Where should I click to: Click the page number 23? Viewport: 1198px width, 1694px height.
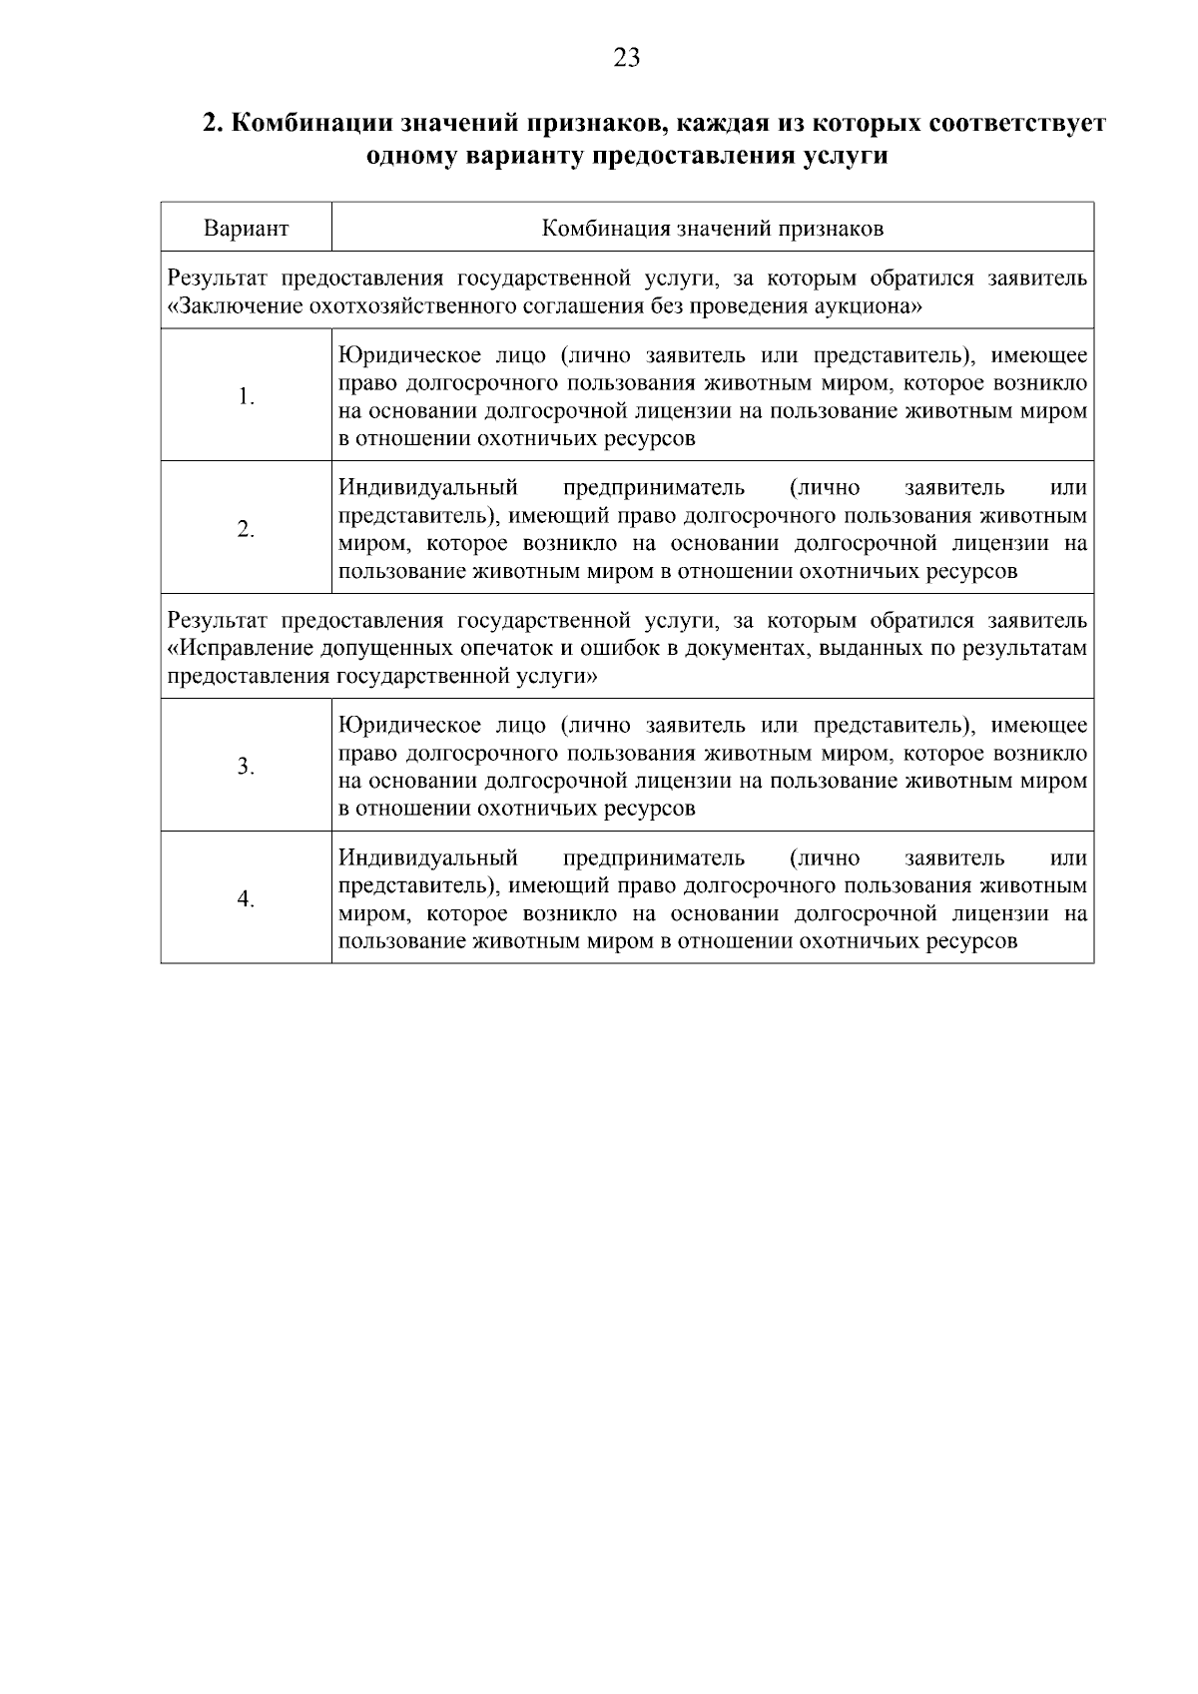(x=626, y=58)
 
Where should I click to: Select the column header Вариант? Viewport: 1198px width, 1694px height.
(x=247, y=229)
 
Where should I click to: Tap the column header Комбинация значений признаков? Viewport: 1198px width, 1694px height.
(x=712, y=229)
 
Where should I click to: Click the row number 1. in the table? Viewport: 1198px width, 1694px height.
(x=247, y=396)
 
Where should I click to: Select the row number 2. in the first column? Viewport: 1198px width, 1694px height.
(x=247, y=529)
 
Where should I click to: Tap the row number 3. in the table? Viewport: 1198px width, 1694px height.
(x=247, y=766)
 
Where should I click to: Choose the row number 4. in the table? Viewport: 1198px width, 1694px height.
(x=247, y=898)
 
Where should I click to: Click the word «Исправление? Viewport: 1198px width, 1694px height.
(x=241, y=649)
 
